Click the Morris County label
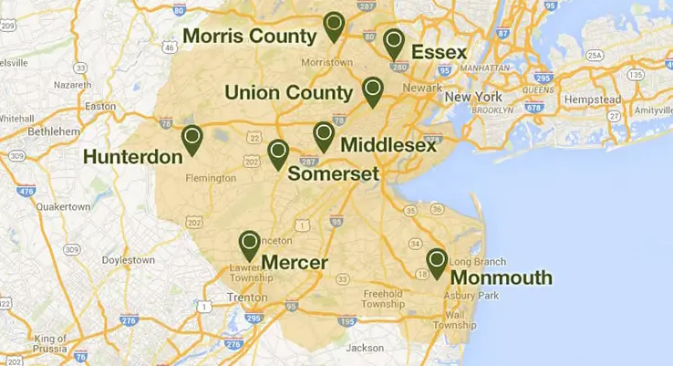click(x=249, y=36)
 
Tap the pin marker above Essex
click(x=393, y=42)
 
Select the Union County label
click(x=288, y=93)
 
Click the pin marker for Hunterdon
click(x=192, y=139)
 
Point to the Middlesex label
click(x=388, y=145)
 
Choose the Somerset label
click(x=333, y=173)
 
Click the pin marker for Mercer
click(x=249, y=244)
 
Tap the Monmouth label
click(x=502, y=277)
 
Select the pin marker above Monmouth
click(x=437, y=262)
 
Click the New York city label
click(x=474, y=97)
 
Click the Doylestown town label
click(x=128, y=260)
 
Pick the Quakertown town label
click(x=64, y=206)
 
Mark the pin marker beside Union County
click(x=372, y=90)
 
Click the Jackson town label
click(x=365, y=348)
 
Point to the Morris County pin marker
click(x=334, y=26)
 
